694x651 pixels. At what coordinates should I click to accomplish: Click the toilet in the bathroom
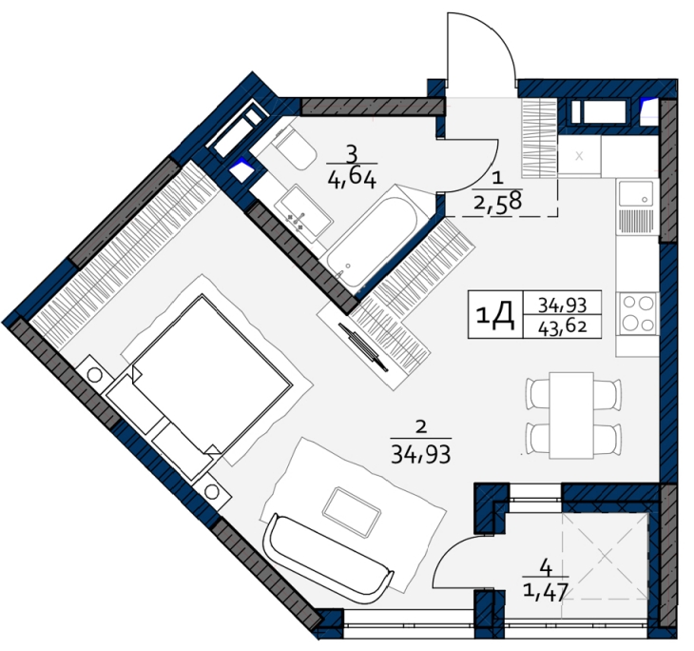point(295,148)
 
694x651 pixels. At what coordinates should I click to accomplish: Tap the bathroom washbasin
point(302,213)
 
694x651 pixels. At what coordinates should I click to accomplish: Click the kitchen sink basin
point(636,193)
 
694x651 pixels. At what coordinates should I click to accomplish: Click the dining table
point(571,415)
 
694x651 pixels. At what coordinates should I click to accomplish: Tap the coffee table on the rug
point(352,512)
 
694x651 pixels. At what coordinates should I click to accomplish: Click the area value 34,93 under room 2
point(421,454)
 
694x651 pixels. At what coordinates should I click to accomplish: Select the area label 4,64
point(352,180)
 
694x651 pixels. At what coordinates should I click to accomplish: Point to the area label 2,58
point(498,203)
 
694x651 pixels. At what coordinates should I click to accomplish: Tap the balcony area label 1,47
point(546,592)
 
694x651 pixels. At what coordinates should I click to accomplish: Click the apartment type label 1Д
point(495,315)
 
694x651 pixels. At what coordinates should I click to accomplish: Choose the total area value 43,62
point(563,327)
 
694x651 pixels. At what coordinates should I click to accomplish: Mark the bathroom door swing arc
point(483,174)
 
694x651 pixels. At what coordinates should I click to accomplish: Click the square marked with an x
point(579,156)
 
